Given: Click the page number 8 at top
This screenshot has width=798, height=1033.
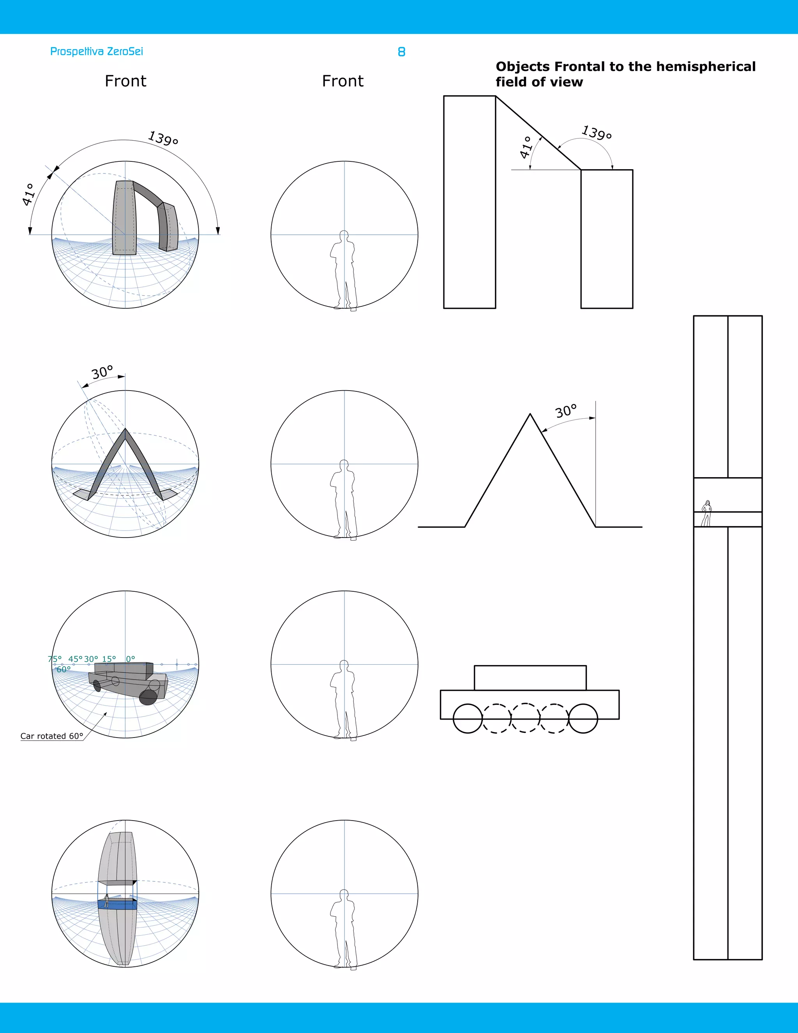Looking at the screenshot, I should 401,52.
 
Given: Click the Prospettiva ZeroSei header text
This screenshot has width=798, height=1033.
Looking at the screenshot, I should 97,51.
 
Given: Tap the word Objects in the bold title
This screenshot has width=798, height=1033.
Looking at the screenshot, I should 523,67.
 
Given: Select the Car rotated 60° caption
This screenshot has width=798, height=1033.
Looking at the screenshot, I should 51,736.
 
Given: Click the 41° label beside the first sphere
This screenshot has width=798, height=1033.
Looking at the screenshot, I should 28,195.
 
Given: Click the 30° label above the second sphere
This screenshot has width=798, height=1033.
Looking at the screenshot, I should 102,372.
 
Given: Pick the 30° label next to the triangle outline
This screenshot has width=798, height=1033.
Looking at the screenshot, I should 566,411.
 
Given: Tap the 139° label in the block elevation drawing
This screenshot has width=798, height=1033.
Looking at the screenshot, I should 597,133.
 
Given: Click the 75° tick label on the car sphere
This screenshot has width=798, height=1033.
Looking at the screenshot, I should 55,659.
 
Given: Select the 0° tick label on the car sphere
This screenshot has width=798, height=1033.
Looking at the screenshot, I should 131,659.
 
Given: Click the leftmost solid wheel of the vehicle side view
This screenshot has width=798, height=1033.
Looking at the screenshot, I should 468,718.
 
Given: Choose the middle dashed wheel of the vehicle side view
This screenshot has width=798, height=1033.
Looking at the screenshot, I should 526,718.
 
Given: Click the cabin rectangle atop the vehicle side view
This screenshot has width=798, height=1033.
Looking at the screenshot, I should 530,678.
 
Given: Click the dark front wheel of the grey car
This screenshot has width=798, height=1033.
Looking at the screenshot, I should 148,697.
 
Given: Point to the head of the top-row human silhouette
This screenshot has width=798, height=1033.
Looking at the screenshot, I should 344,235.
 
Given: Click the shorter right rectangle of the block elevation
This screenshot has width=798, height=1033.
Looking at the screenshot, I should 607,239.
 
